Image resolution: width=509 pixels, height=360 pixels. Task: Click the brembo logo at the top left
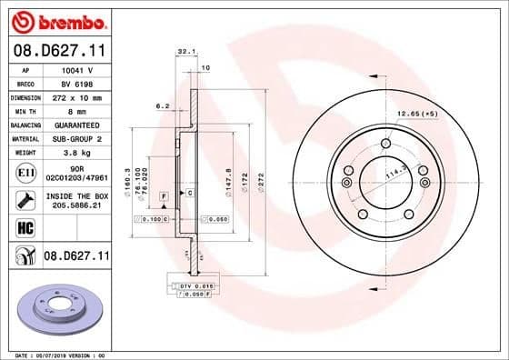[56, 21]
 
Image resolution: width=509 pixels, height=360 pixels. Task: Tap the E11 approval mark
[25, 172]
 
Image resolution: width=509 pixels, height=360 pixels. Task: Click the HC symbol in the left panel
[25, 227]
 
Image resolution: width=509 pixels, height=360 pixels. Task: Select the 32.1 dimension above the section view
[185, 52]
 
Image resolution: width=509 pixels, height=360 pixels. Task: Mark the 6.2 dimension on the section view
[164, 106]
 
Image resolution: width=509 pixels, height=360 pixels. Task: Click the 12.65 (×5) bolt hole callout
[417, 115]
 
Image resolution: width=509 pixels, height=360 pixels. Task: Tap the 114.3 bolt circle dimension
[396, 174]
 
